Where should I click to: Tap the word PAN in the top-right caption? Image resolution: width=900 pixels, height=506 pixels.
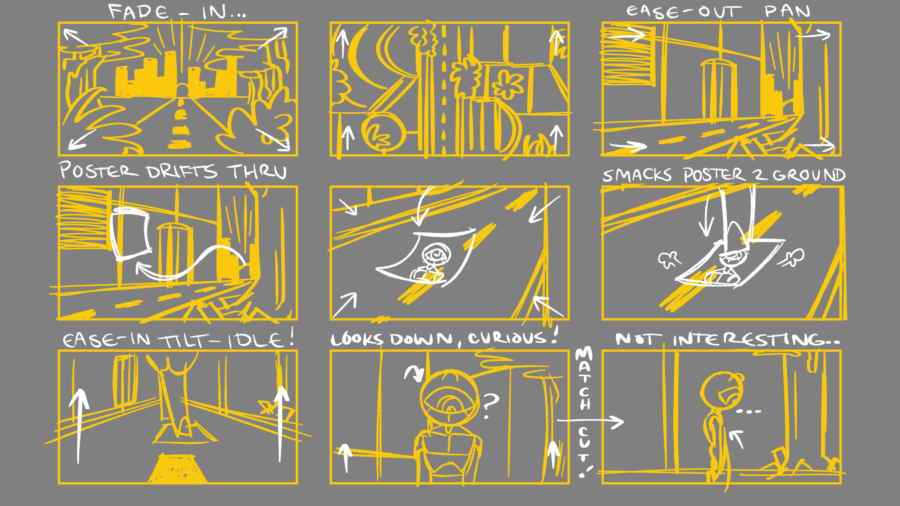click(x=787, y=11)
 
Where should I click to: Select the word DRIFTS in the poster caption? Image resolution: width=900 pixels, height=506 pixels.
click(x=181, y=172)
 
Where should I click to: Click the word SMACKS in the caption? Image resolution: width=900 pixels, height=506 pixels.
click(x=637, y=175)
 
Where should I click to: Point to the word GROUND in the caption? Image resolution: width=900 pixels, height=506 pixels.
click(x=809, y=175)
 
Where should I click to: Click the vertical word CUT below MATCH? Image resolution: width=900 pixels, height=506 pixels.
click(x=584, y=443)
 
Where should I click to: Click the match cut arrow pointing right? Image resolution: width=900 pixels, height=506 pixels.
click(x=591, y=421)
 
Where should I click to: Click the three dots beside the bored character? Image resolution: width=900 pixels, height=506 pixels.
click(x=748, y=411)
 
